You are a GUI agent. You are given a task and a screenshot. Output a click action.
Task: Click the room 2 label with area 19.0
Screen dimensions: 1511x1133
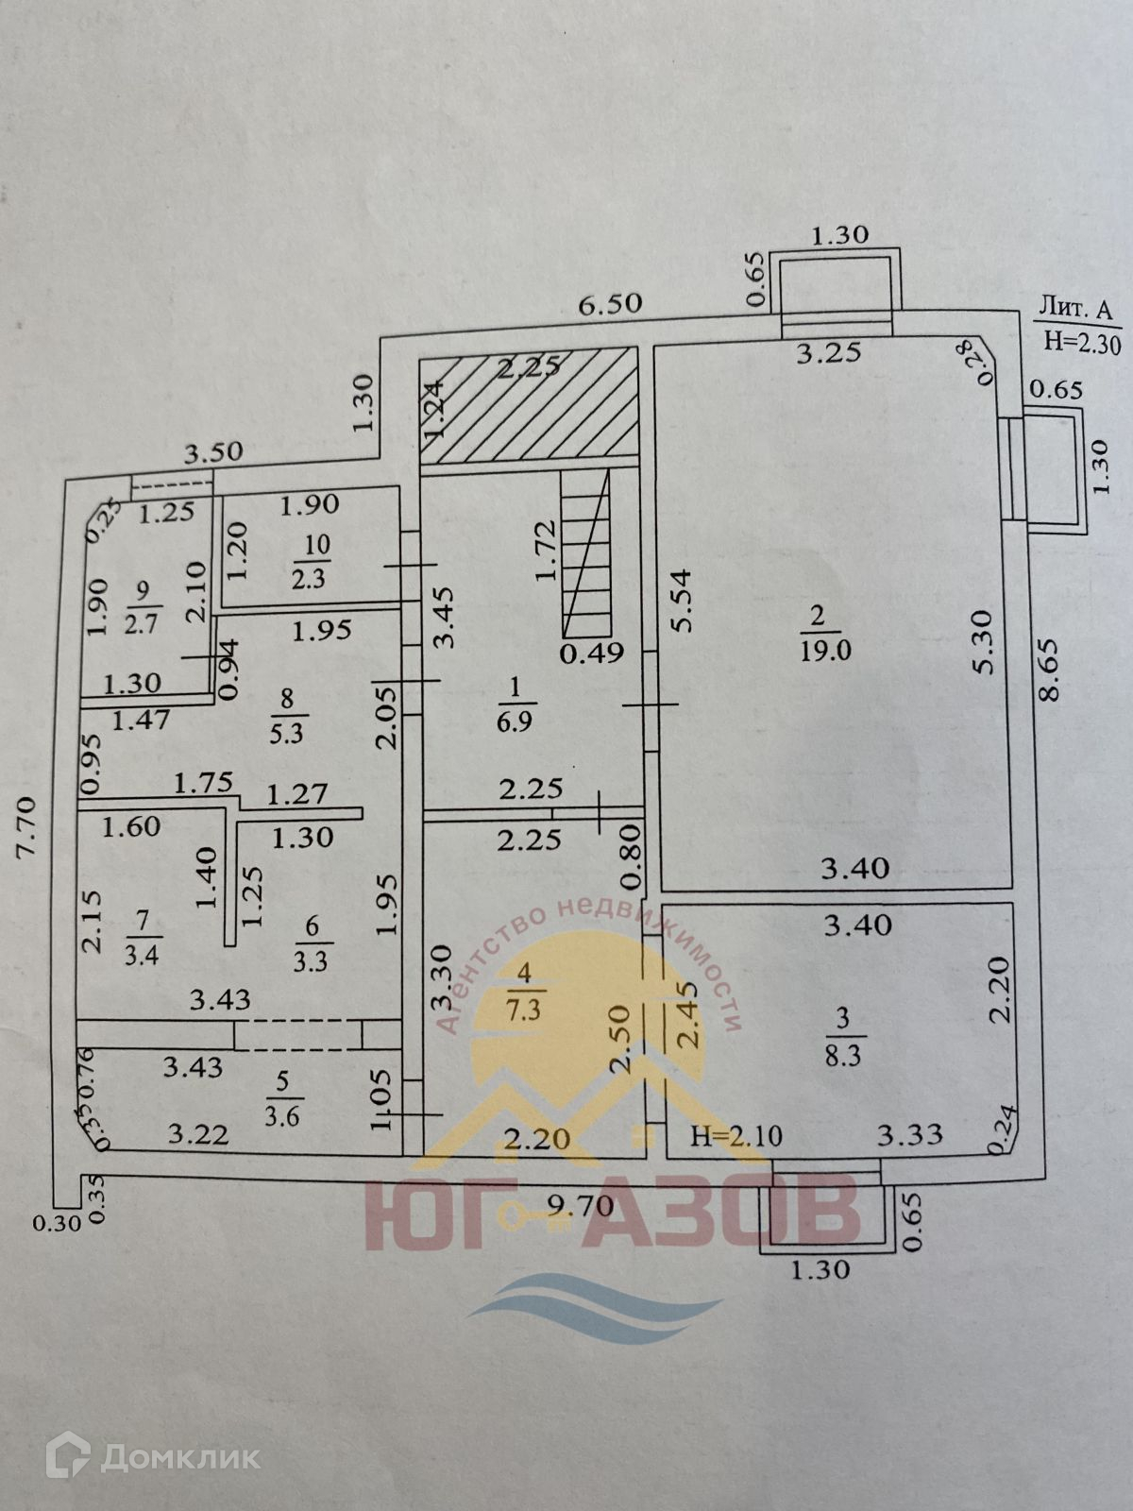(818, 633)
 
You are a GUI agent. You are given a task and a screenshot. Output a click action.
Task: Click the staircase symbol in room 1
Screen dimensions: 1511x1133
(585, 557)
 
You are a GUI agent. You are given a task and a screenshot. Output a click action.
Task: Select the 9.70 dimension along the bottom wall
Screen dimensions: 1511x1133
(583, 1206)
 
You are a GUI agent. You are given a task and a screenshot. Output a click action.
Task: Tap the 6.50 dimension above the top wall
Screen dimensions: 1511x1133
(609, 304)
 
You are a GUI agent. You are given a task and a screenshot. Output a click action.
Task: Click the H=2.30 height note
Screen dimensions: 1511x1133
(1082, 344)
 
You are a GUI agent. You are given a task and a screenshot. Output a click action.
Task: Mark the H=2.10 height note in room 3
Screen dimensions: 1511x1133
(736, 1135)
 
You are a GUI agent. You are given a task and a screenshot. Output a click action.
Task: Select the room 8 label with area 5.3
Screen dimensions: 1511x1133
(287, 715)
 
